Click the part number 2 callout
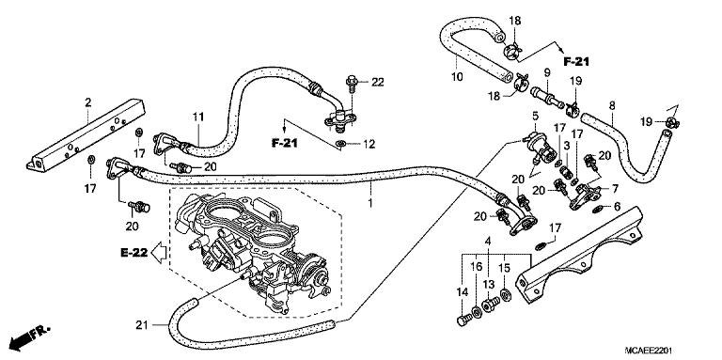[87, 101]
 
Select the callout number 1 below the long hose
[370, 201]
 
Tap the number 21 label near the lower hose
[141, 325]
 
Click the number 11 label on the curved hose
[198, 117]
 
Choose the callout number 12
[369, 143]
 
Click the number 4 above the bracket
[488, 242]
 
